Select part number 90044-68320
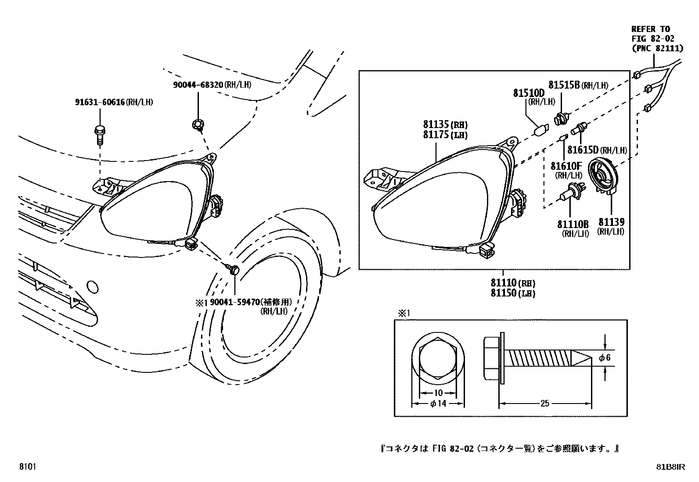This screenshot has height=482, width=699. pyautogui.click(x=198, y=85)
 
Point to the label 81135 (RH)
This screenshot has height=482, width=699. pyautogui.click(x=445, y=125)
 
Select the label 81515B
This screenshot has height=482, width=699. pyautogui.click(x=564, y=85)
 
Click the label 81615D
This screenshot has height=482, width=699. pyautogui.click(x=583, y=150)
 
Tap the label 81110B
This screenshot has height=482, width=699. pyautogui.click(x=573, y=224)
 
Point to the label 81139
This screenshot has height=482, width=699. pyautogui.click(x=611, y=222)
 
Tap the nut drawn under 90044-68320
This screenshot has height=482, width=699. pyautogui.click(x=197, y=125)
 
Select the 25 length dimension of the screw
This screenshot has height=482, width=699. pyautogui.click(x=544, y=403)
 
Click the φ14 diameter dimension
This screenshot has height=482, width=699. pyautogui.click(x=438, y=403)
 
